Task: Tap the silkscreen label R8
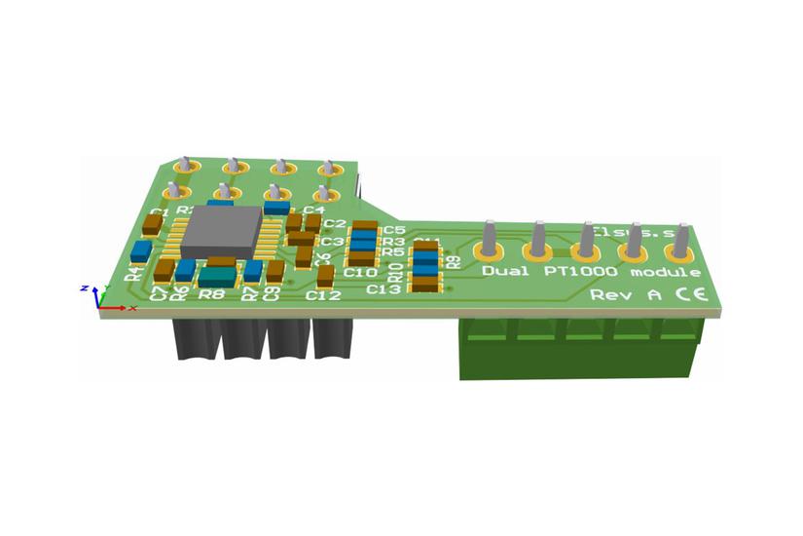point(211,292)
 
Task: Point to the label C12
point(322,294)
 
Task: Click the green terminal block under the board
point(579,350)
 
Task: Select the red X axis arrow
point(116,308)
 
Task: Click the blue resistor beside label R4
point(141,250)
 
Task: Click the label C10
point(360,273)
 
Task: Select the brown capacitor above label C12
point(325,276)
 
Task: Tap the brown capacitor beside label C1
point(152,225)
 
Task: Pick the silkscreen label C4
point(313,210)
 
